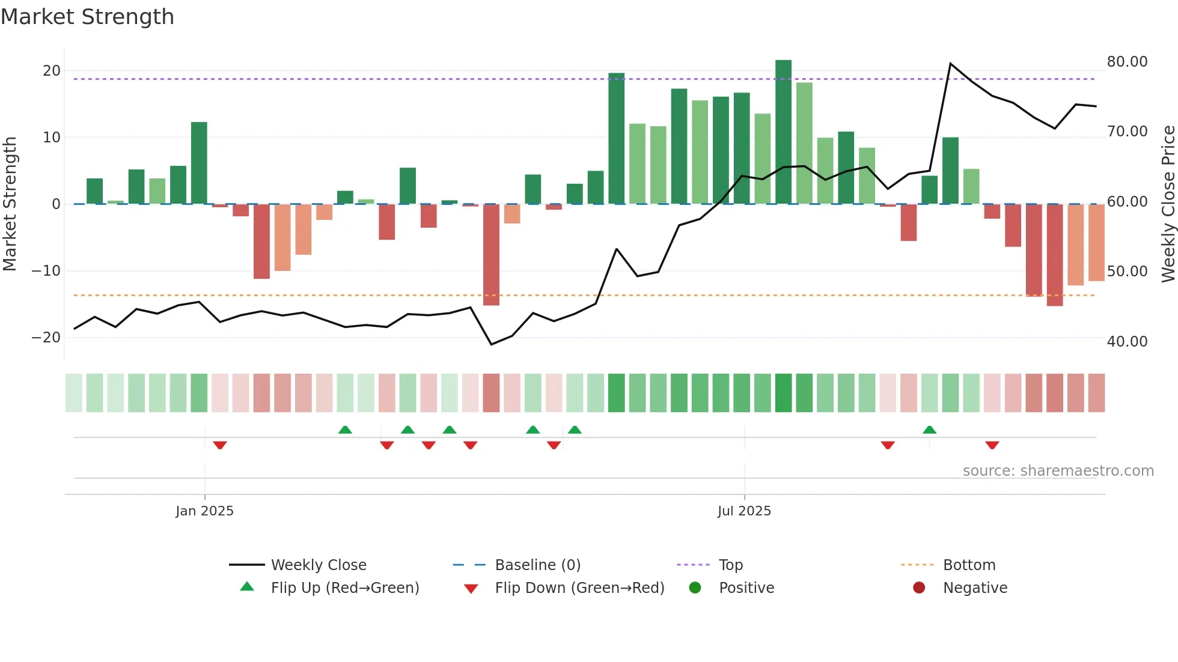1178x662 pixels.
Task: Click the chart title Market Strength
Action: point(87,17)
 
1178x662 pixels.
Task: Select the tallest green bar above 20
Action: point(783,132)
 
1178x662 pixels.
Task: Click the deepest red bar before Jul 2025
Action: point(491,255)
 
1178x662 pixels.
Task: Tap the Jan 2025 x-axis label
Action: point(204,511)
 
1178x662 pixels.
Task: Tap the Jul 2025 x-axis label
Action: point(744,511)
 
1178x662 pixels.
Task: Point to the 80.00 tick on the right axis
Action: point(1127,62)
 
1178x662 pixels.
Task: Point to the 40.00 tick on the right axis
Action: point(1127,342)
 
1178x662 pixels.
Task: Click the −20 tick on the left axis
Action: point(46,338)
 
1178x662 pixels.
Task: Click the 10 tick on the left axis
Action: point(52,138)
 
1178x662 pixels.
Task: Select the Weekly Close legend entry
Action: point(318,565)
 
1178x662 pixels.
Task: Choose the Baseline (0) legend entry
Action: point(537,565)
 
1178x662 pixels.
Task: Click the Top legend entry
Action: point(731,565)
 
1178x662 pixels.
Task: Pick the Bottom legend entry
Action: point(969,565)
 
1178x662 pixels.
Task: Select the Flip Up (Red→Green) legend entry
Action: point(344,588)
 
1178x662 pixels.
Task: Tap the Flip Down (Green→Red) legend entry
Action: point(579,588)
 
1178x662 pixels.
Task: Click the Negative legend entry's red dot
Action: point(919,588)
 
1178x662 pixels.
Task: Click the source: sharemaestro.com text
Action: point(1058,471)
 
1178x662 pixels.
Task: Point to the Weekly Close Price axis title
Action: point(1168,204)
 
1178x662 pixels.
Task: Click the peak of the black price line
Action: point(950,63)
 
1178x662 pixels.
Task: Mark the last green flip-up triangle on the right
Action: point(929,430)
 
